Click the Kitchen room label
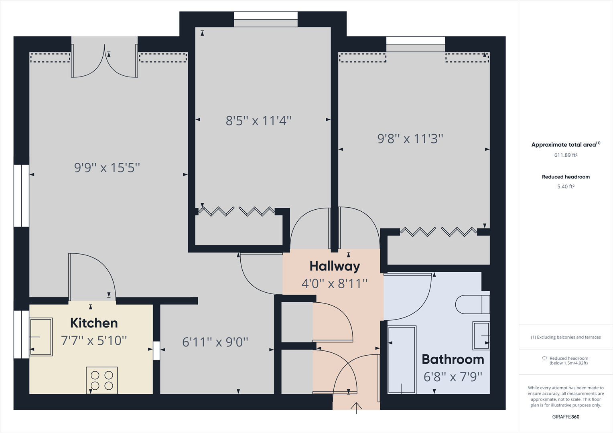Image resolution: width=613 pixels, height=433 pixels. tap(94, 323)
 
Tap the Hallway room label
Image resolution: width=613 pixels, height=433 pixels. tap(335, 266)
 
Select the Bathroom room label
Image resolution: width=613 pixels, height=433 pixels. tap(453, 359)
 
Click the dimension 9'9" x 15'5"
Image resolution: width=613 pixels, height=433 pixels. tap(107, 168)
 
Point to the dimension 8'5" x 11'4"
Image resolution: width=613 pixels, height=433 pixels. tap(258, 121)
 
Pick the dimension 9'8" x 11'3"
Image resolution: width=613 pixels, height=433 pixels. tap(410, 139)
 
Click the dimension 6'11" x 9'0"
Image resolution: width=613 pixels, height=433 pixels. tap(215, 342)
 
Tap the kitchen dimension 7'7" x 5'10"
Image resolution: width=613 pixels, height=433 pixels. tap(94, 340)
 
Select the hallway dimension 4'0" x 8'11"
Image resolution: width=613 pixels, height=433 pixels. tap(335, 284)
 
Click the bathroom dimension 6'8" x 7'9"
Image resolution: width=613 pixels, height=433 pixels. tap(453, 377)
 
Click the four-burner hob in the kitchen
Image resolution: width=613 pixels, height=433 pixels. tap(102, 380)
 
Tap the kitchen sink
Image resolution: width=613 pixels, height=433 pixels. tap(41, 337)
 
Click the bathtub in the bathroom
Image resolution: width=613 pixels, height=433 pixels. tap(402, 360)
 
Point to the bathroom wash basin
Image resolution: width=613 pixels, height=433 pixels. tap(481, 335)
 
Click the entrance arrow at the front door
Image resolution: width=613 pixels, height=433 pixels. tap(356, 407)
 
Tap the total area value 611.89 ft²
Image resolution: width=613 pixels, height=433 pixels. tap(566, 155)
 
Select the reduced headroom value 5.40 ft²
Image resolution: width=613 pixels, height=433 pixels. tap(566, 186)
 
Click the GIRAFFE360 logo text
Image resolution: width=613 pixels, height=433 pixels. tap(566, 417)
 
